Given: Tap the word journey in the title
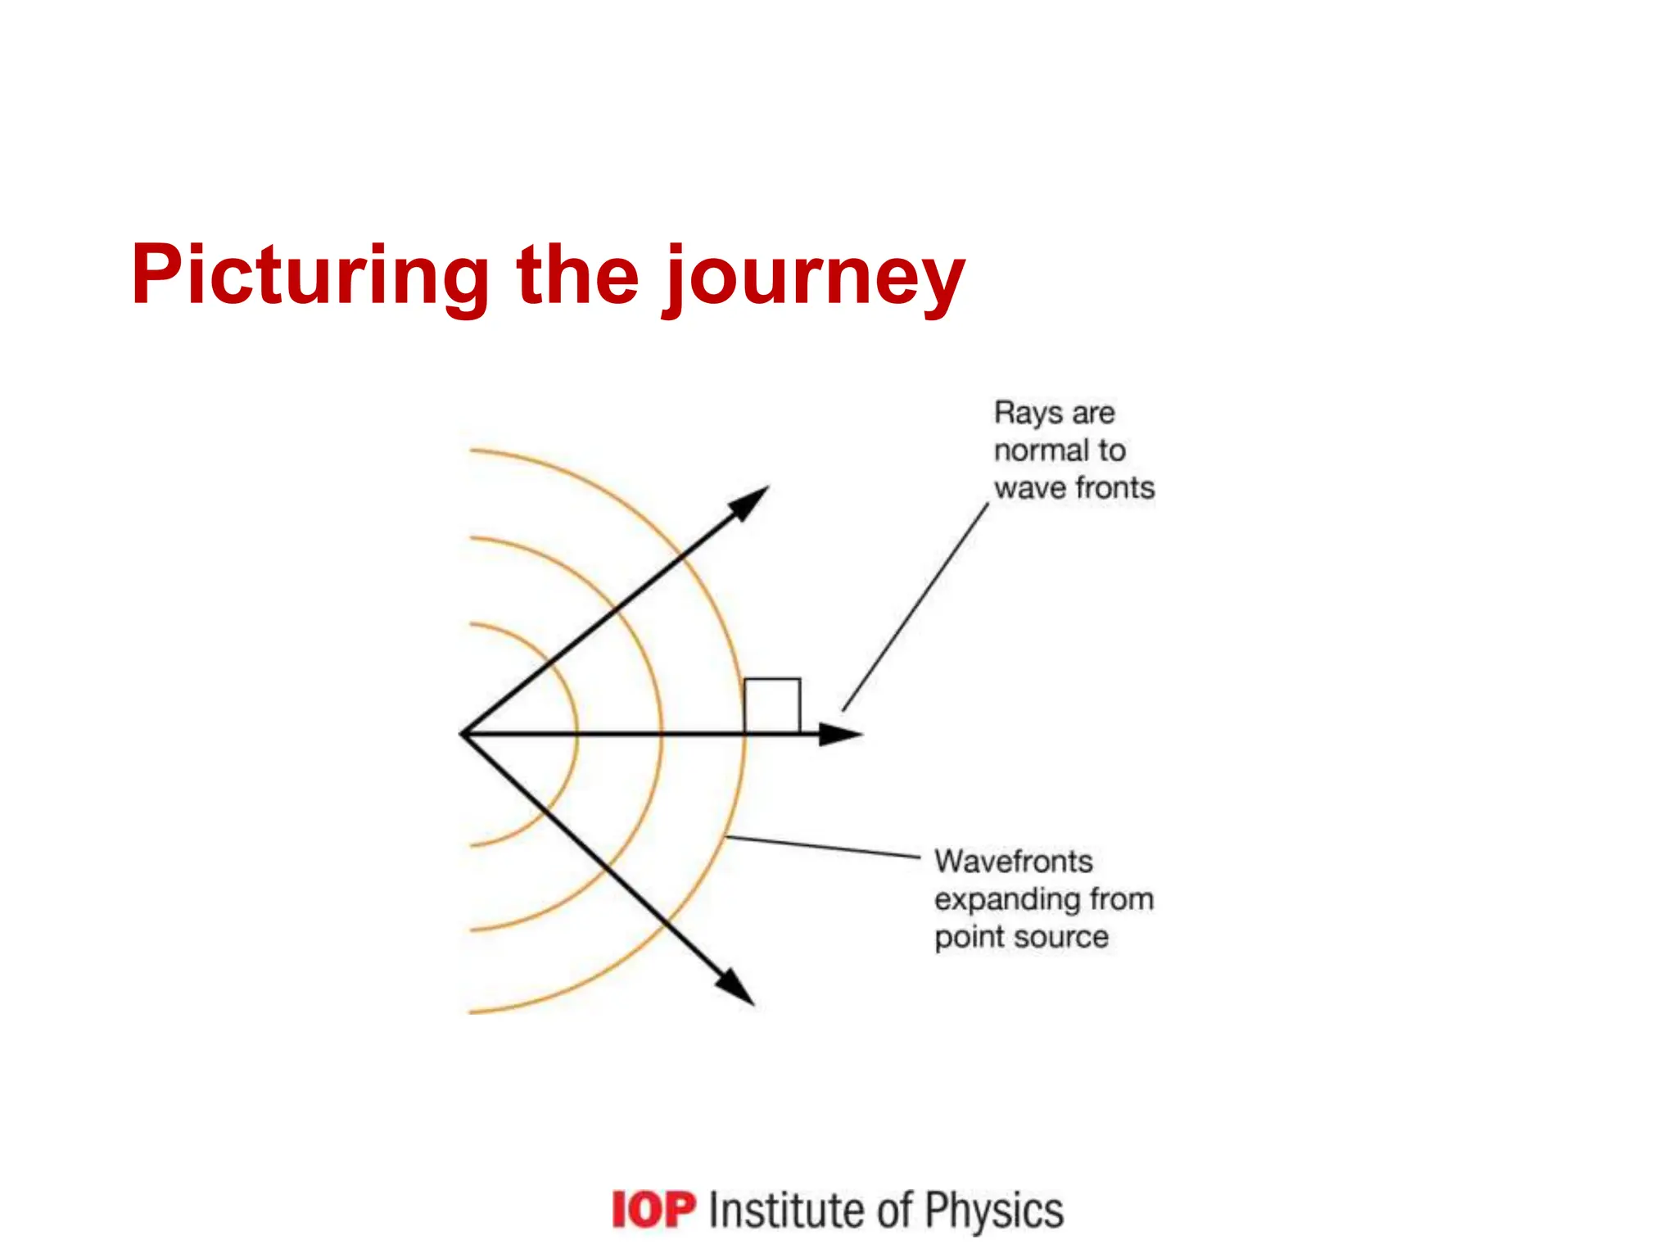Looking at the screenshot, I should (x=814, y=278).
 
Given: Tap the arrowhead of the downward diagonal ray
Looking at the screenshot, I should (x=736, y=988).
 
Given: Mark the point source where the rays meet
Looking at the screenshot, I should (x=463, y=734).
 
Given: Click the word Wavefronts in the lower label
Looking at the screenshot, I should (x=1014, y=862).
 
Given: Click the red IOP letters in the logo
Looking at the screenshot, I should (x=653, y=1210).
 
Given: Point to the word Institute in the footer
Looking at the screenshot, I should (x=786, y=1210).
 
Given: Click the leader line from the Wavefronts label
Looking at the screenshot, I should (x=823, y=847).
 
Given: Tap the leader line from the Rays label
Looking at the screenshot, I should (x=915, y=607).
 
